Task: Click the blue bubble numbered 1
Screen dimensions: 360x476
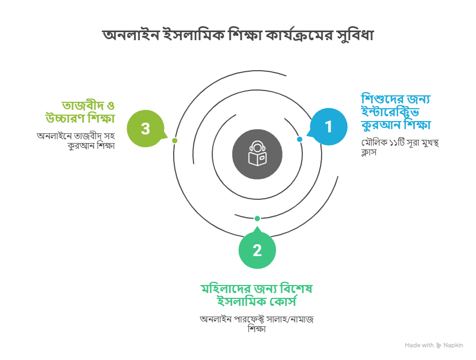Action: [329, 127]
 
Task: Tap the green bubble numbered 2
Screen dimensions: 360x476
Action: [257, 250]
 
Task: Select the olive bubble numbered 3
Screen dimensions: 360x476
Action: [145, 129]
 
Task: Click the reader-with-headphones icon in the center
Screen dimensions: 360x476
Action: [257, 154]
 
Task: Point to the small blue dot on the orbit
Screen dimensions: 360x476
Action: [300, 139]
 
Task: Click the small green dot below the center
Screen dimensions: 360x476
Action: [257, 218]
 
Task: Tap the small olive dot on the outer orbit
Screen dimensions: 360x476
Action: [175, 140]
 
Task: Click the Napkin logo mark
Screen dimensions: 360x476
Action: [439, 346]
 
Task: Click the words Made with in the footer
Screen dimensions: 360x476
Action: [419, 346]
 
